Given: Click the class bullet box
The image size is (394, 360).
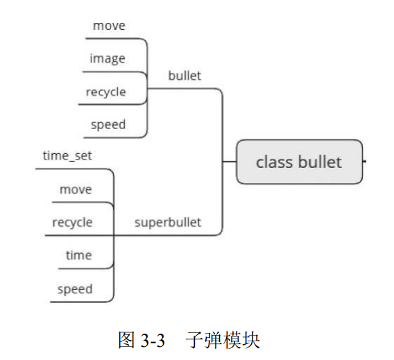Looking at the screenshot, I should (x=299, y=162).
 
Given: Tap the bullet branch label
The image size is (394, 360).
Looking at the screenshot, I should (x=185, y=76).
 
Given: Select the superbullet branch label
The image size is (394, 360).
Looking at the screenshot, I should (x=167, y=222).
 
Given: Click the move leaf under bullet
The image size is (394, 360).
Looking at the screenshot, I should (x=109, y=26).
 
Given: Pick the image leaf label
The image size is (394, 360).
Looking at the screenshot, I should (x=107, y=58).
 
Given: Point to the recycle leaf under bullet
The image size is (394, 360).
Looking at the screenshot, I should (x=105, y=92).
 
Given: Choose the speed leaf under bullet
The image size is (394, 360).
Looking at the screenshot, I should (x=108, y=125).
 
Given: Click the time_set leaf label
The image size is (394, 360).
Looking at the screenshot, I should (x=67, y=156).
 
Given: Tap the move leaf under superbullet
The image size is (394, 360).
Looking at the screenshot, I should (x=76, y=189).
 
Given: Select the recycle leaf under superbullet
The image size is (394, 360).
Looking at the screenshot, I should (x=72, y=223).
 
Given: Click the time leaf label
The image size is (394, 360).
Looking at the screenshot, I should (x=78, y=255).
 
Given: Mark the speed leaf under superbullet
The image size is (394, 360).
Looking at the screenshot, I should (x=75, y=289).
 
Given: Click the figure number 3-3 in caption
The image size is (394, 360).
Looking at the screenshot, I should (x=152, y=341).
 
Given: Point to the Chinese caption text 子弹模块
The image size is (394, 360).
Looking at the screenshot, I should (x=223, y=341).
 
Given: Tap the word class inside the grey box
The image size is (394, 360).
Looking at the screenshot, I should (x=274, y=162).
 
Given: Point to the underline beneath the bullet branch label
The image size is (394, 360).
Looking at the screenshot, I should (x=187, y=88).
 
